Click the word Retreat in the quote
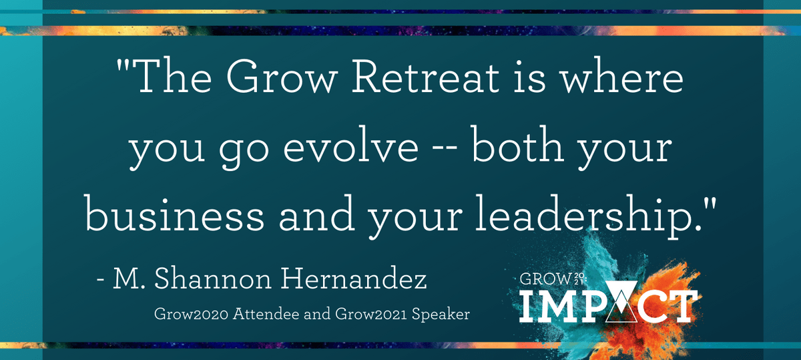426,76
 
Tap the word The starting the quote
173,76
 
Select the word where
622,76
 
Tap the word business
174,213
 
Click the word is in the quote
530,76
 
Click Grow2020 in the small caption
192,314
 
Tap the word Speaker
441,315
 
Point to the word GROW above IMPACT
545,279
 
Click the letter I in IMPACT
529,306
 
